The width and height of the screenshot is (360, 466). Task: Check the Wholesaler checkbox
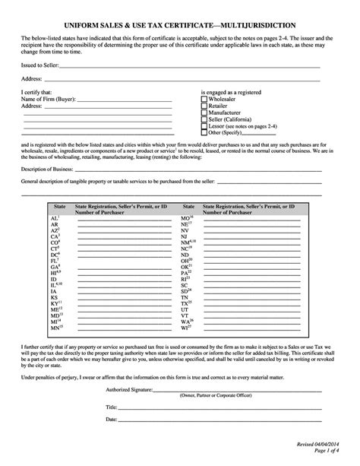click(x=204, y=98)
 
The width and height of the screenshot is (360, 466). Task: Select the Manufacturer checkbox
click(x=204, y=113)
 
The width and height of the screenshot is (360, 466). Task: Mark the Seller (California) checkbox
click(x=204, y=119)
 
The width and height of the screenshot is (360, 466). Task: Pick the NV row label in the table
click(x=185, y=230)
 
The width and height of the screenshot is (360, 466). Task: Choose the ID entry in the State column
click(x=53, y=274)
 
